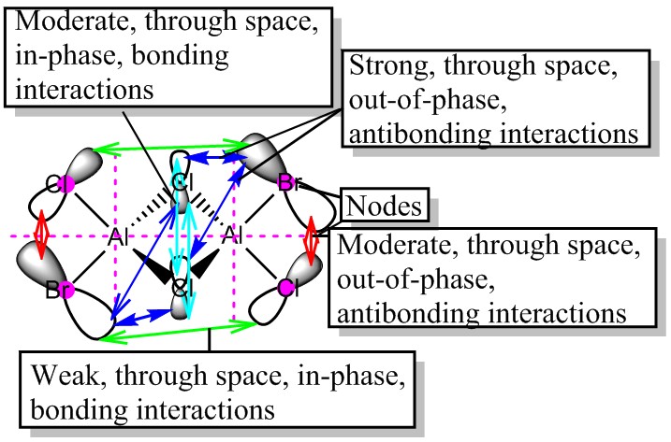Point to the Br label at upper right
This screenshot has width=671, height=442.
[x=289, y=182]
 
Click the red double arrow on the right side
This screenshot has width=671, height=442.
[x=313, y=241]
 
